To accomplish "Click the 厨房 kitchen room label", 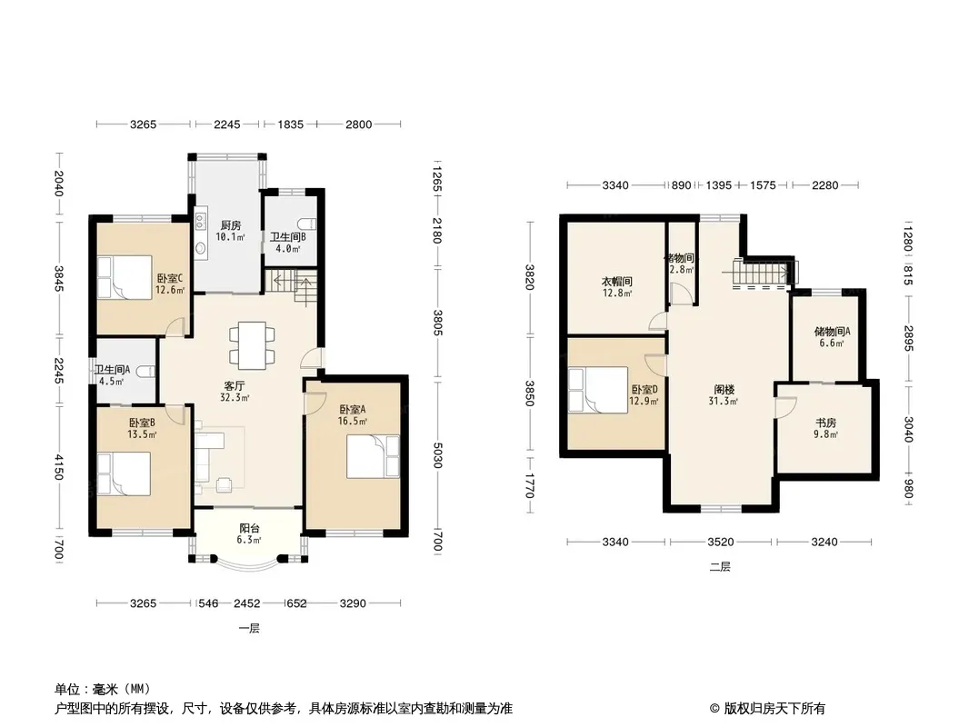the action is [231, 225].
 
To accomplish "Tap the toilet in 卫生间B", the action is [307, 224].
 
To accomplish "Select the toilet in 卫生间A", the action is [145, 372].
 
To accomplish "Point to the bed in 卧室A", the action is [374, 456].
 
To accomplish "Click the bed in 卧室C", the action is [125, 277].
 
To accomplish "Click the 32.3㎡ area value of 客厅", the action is [235, 398].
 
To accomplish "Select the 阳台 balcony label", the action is [249, 528].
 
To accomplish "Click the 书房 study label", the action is [825, 423].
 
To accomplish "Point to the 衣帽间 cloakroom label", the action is [616, 282].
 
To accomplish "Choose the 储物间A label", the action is [832, 332].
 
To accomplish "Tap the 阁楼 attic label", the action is [724, 390].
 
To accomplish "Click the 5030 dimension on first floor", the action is [437, 454].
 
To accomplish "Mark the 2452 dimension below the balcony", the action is [246, 603].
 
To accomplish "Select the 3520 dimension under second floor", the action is [721, 543].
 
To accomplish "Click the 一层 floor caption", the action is [249, 629].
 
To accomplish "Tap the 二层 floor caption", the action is [720, 567].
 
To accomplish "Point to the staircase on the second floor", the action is [762, 274].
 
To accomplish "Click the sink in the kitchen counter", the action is [200, 248].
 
